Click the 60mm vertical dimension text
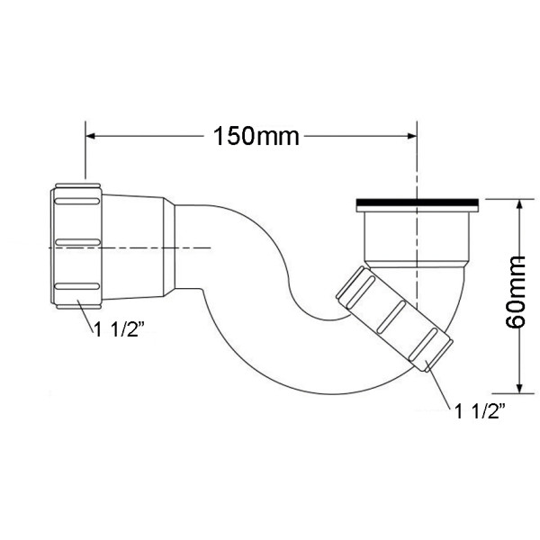click(516, 294)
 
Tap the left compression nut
click(79, 245)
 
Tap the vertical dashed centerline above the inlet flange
click(417, 166)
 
